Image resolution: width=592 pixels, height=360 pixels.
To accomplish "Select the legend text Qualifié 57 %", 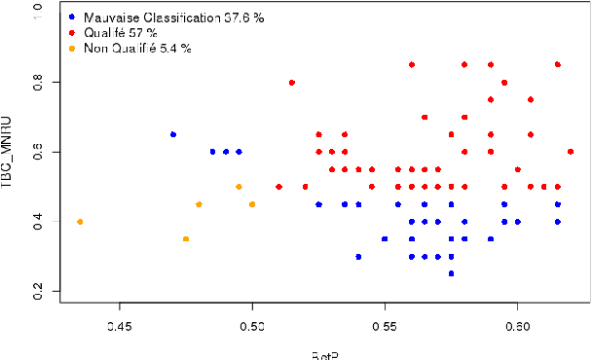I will click(x=120, y=33).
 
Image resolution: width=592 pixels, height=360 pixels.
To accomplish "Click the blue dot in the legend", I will click(x=72, y=18).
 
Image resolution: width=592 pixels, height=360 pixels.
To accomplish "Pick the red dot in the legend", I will click(x=72, y=33).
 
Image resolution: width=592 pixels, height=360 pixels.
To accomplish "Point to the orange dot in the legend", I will click(x=72, y=48).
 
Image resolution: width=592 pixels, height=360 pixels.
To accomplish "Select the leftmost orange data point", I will click(x=81, y=222).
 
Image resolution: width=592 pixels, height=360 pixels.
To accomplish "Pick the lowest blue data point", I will click(x=451, y=273).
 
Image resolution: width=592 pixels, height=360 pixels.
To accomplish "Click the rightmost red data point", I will click(x=571, y=152).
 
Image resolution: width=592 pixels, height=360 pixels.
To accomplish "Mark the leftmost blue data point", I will click(x=173, y=134).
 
